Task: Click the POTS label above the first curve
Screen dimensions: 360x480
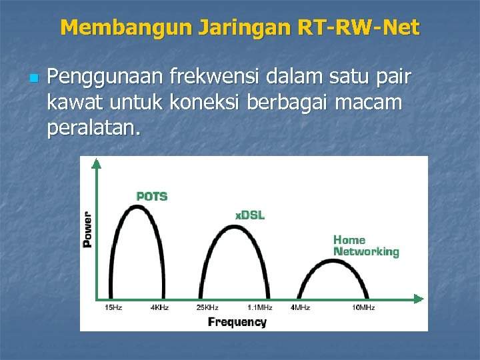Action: pos(151,197)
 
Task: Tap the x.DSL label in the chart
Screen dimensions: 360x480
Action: pos(249,215)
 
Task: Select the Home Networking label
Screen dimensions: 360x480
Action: pos(365,245)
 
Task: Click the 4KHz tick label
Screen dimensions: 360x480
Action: pos(159,307)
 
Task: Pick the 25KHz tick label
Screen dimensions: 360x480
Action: pos(207,307)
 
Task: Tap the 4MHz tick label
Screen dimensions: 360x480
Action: pos(299,307)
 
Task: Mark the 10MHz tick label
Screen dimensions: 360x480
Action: pos(363,307)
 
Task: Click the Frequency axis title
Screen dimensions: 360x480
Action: pos(237,322)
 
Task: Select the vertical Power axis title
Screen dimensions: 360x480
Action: pos(87,229)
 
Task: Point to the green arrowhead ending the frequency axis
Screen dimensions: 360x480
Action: pos(418,298)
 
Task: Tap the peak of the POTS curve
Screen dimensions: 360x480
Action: pos(136,206)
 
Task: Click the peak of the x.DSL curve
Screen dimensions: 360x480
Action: pos(231,226)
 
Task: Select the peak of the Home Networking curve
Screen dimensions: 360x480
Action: pos(333,260)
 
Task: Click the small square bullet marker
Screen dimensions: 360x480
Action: pos(34,79)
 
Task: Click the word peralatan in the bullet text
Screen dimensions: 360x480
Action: pos(93,127)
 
